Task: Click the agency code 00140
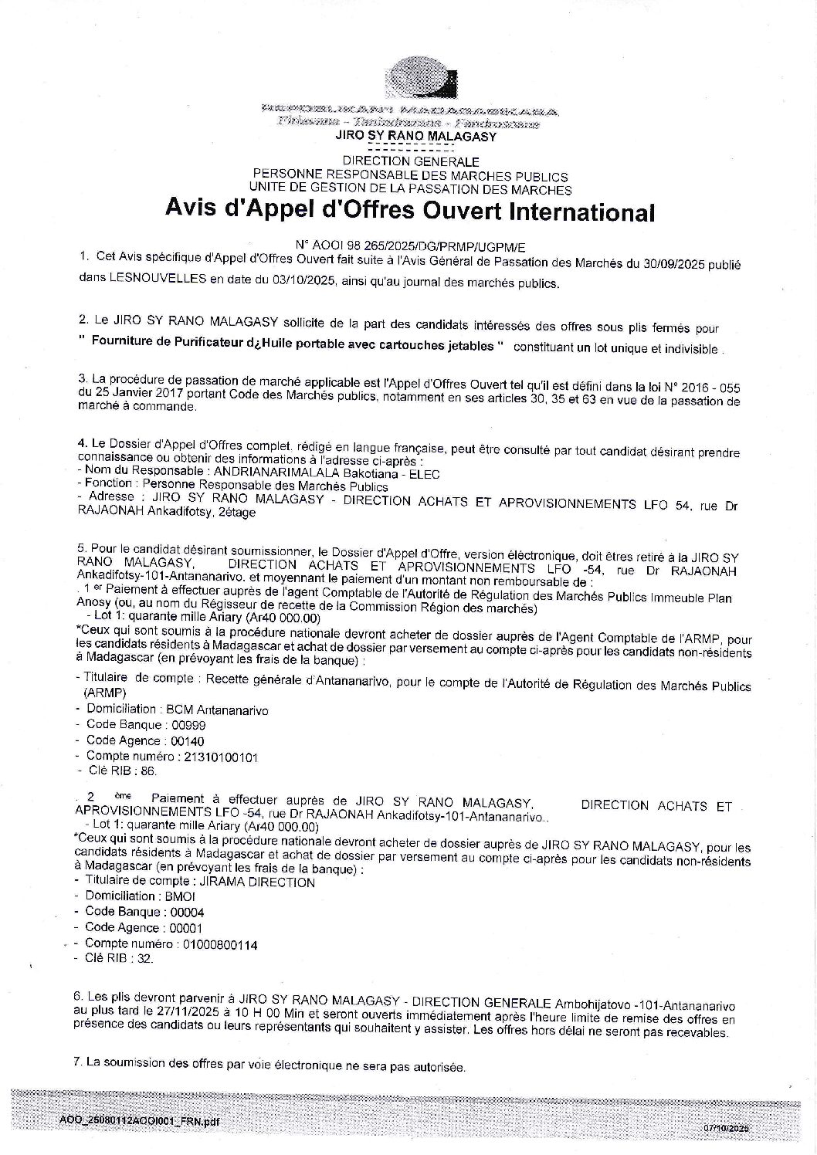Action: (187, 740)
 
